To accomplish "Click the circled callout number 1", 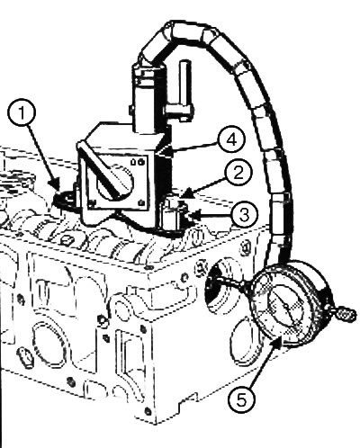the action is (x=22, y=113).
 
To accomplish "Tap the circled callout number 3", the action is (x=244, y=215).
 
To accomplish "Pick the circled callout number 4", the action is (x=231, y=140).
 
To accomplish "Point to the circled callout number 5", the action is (x=241, y=400).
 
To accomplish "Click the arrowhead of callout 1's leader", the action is (x=54, y=184).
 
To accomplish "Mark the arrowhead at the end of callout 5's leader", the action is (x=277, y=342).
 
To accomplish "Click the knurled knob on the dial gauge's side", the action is (x=346, y=315).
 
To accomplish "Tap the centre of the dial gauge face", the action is (x=286, y=307).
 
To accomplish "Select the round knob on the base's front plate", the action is (x=115, y=184).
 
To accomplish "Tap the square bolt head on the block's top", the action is (x=67, y=240).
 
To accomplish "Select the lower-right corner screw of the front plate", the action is (x=140, y=203).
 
